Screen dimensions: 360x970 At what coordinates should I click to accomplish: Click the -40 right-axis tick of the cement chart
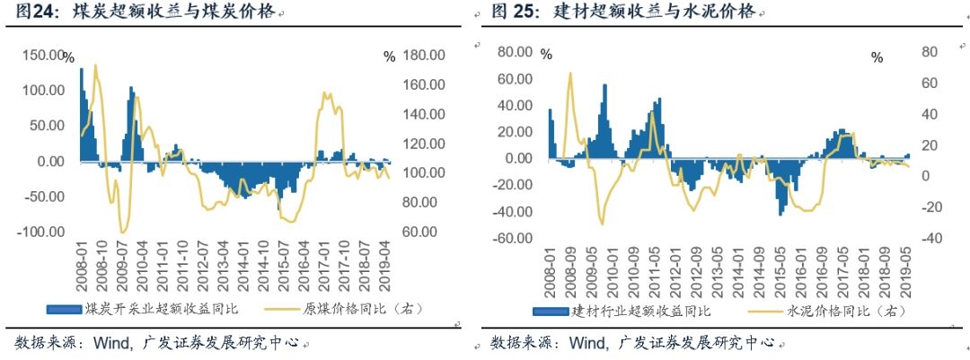coord(927,239)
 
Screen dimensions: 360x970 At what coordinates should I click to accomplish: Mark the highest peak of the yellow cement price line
coord(569,74)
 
